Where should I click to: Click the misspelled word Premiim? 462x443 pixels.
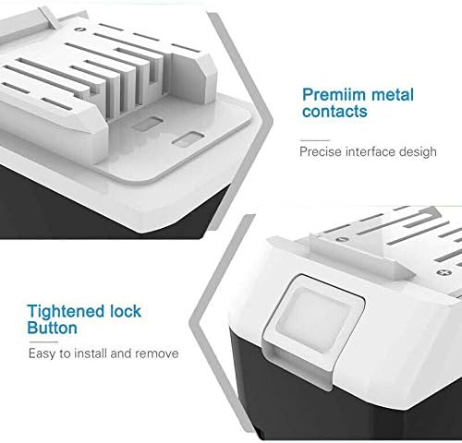coord(334,94)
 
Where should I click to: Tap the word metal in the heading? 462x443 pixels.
coord(393,94)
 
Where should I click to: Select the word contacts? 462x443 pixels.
coord(334,111)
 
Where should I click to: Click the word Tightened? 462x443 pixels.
coord(61,312)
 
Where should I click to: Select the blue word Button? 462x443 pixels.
coord(52,328)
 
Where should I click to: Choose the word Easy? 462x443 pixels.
coord(43,353)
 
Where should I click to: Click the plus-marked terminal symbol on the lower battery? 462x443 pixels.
coord(444,272)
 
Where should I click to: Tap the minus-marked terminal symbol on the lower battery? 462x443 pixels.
coord(341,239)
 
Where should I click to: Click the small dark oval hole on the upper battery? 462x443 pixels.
coord(79,30)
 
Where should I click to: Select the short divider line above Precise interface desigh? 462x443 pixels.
coord(315,140)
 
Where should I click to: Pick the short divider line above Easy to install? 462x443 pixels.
coord(43,342)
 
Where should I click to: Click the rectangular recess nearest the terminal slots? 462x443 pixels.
coord(146,124)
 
